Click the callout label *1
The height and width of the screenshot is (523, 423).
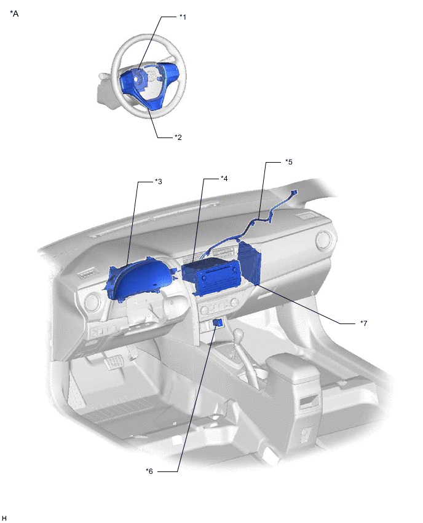point(182,17)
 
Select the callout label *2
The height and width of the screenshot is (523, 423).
point(178,137)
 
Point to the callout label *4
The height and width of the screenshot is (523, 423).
point(224,179)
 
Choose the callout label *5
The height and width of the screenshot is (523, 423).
point(288,163)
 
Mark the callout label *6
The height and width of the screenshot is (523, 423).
point(149,471)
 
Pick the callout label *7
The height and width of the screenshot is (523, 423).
point(363,322)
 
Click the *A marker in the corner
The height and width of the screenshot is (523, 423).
point(14,14)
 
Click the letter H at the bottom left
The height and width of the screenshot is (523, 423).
point(4,518)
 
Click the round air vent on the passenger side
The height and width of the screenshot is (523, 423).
point(322,239)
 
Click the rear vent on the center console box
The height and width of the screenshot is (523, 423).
point(309,403)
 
